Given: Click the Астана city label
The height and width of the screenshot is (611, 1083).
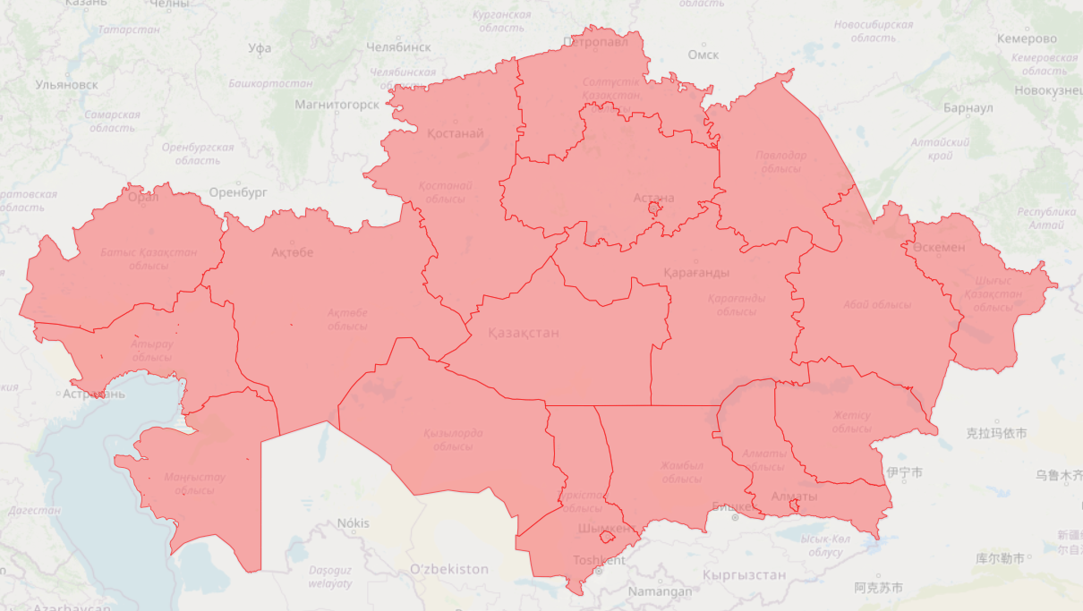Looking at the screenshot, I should click(653, 198).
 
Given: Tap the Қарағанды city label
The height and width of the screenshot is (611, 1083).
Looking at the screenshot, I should click(696, 272).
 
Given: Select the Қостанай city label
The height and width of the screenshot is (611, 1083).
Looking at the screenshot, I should click(455, 133).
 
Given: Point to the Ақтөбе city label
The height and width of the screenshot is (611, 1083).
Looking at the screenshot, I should click(293, 252).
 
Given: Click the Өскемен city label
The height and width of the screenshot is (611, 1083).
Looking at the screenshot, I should click(940, 247).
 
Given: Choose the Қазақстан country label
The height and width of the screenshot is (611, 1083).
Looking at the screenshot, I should click(524, 333).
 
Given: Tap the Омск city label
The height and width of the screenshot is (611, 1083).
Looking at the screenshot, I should click(704, 55).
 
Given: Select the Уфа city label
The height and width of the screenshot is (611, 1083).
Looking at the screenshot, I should click(260, 48).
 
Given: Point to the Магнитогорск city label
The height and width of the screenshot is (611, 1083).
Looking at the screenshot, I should click(337, 105).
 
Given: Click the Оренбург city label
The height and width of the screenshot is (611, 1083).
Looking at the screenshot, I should click(238, 192).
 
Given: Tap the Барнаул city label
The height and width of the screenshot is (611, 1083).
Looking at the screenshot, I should click(968, 108).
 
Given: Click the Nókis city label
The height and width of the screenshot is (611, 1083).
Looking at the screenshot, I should click(353, 523).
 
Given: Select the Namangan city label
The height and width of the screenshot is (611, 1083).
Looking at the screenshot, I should click(660, 592).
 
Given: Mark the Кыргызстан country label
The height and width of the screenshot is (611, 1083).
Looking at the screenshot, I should click(745, 575).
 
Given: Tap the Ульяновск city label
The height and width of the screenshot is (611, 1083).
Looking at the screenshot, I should click(66, 85).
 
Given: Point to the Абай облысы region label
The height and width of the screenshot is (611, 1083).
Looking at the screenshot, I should click(877, 305).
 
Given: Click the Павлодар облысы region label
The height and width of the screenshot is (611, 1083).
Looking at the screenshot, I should click(780, 162).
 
